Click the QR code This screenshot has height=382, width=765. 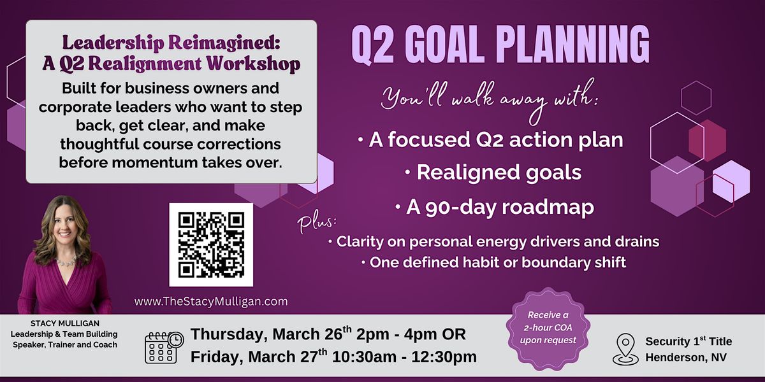(211, 245)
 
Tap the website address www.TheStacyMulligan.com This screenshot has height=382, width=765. (211, 302)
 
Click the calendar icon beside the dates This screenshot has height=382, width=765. (164, 347)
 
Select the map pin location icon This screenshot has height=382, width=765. (625, 350)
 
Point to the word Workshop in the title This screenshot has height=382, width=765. (254, 64)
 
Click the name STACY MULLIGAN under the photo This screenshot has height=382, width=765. (65, 323)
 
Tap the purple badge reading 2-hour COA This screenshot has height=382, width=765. (548, 328)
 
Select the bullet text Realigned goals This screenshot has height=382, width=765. (493, 173)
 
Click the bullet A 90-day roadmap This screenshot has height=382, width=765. (495, 208)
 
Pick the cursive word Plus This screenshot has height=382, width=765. (316, 223)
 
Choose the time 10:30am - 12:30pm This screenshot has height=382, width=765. (404, 357)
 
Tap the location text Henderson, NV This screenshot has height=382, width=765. (686, 357)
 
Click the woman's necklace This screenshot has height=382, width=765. (66, 262)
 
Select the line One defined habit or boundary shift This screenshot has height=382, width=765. (494, 262)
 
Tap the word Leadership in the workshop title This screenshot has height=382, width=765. (113, 44)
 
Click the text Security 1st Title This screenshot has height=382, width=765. (688, 341)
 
